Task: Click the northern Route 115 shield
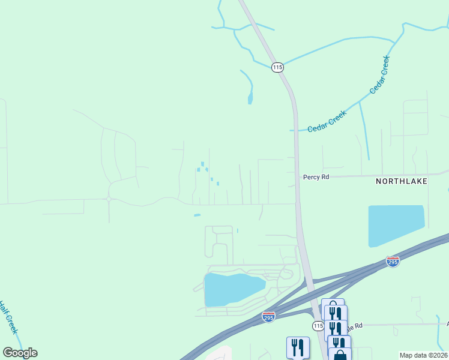277,68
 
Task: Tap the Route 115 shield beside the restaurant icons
318,325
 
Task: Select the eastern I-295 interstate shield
393,262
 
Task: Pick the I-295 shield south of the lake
268,316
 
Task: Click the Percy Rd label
316,177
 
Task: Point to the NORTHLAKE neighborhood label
402,181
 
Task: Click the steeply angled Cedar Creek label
380,74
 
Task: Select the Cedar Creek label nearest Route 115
327,122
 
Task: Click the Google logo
20,353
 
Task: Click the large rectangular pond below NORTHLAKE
396,225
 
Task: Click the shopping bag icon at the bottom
340,355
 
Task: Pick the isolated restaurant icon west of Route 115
298,347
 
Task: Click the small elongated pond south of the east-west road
197,215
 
